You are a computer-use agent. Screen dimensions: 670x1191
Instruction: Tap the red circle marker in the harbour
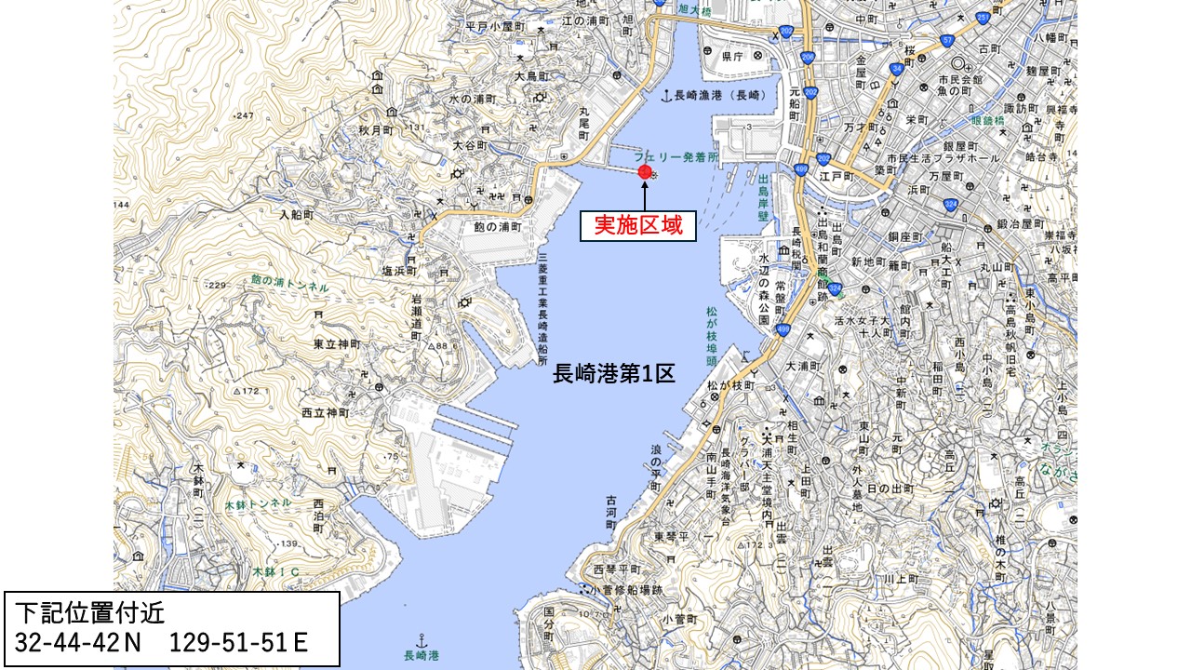pos(644,171)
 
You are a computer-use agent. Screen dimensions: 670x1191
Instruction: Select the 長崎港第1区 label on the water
pos(613,373)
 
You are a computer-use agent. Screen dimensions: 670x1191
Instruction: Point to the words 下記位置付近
pos(81,614)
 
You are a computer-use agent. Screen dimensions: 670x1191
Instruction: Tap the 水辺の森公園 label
pos(763,289)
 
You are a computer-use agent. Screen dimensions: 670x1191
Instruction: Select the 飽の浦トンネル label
pos(289,283)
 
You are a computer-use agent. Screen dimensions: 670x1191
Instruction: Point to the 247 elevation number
pos(245,115)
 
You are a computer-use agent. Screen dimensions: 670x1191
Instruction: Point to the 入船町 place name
pos(300,214)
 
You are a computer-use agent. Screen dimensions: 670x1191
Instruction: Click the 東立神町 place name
pos(336,344)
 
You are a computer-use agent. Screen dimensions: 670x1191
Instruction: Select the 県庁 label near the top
pos(733,56)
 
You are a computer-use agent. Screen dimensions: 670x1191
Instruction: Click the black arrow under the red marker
pos(644,194)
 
